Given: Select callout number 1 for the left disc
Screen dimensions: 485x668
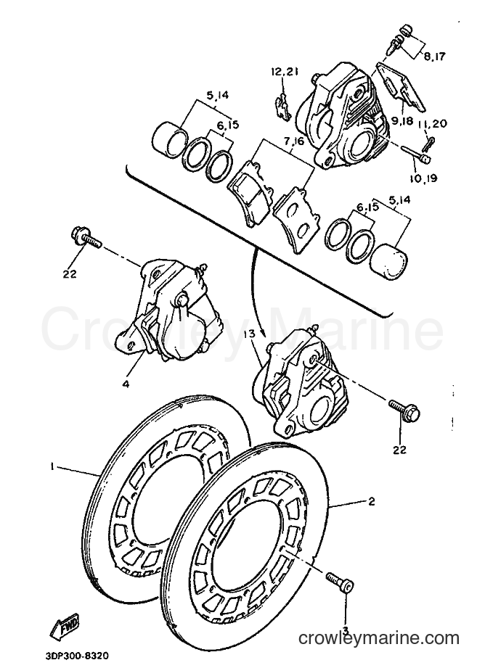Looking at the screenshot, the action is coord(52,467).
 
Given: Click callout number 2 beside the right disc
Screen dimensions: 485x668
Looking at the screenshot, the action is coord(371,501).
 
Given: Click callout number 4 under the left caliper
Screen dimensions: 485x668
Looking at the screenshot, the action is coord(126,384).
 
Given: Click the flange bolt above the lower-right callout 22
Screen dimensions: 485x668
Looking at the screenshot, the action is coord(404,408).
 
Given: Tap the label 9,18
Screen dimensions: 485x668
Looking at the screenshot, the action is coord(401,120).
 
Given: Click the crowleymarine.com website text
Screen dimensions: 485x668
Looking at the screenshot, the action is coord(379,638).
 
